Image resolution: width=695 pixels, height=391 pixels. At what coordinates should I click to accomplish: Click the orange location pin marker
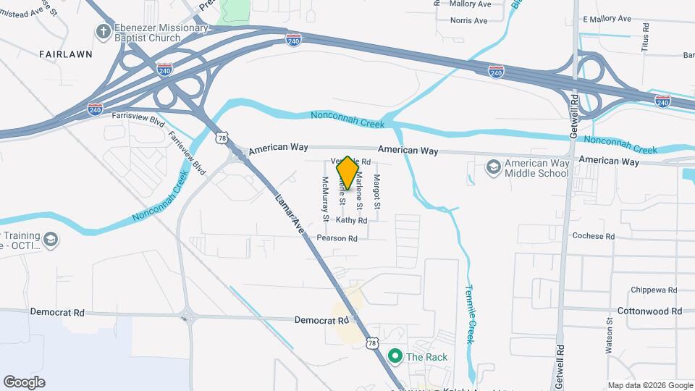347,173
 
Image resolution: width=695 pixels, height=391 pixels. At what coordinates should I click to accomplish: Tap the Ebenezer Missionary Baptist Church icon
102,31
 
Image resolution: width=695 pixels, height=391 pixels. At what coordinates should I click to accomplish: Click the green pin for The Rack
395,356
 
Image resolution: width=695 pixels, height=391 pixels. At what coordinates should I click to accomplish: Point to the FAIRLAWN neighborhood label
66,54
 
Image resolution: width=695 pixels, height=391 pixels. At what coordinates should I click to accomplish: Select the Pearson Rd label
337,238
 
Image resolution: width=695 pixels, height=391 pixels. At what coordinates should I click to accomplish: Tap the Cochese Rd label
593,236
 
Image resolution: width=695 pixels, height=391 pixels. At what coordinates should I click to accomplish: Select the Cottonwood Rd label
650,311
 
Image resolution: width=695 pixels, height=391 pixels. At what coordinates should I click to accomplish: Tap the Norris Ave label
468,20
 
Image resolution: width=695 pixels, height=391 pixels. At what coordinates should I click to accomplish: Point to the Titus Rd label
646,37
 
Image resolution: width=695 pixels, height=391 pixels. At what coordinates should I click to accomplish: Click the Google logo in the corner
25,382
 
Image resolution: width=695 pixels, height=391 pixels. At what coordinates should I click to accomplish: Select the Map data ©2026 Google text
649,385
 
